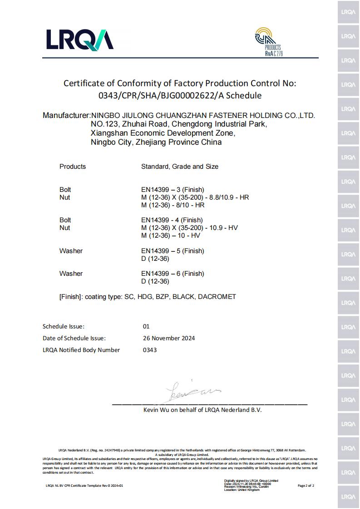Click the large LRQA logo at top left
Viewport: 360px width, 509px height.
79,39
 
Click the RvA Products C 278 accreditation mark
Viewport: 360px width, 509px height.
268,41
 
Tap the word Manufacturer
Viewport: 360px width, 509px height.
66,115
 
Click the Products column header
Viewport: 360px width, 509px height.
73,166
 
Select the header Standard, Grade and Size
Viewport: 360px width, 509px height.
180,166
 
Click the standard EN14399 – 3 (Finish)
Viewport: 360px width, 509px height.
173,190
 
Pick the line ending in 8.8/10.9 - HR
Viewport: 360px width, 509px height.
195,197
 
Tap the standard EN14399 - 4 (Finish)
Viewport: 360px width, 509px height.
172,220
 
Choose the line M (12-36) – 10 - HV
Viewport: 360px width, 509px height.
171,235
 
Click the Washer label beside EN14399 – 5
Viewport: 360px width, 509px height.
71,251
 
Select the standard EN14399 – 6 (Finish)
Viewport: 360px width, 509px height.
173,274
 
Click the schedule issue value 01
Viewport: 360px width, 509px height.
146,326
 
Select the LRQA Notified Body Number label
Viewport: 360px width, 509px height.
81,350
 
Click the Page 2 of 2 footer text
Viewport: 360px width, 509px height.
306,485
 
